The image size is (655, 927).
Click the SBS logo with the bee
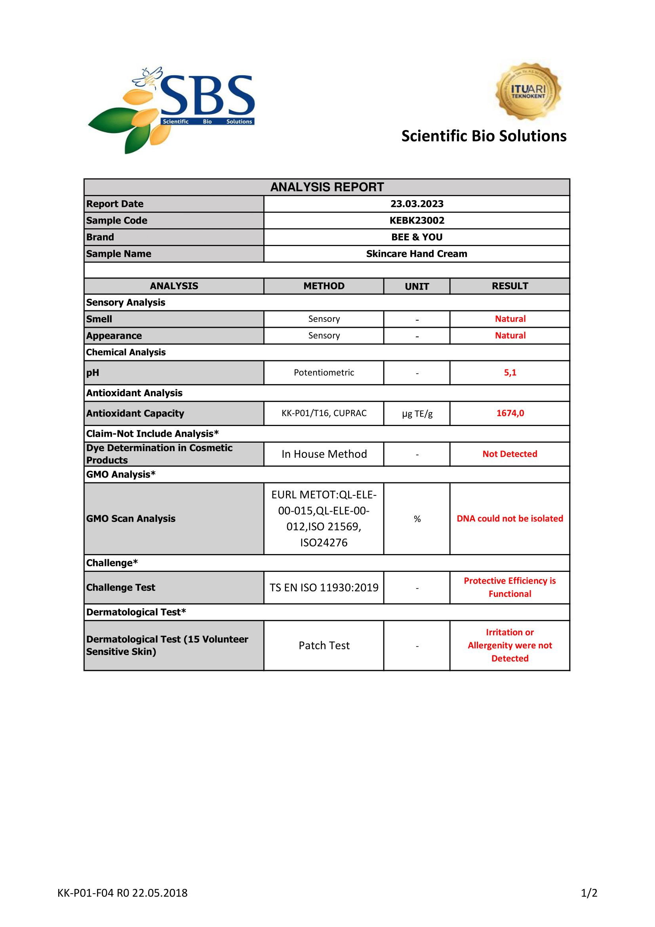click(171, 109)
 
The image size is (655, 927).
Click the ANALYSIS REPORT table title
click(327, 187)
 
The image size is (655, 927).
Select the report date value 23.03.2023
click(417, 204)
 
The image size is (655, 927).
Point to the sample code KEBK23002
click(417, 220)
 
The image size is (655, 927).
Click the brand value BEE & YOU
click(417, 237)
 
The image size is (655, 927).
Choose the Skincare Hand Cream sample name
click(417, 254)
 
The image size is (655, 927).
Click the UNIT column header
click(417, 286)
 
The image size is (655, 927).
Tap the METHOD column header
click(324, 286)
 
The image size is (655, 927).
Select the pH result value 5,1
click(510, 372)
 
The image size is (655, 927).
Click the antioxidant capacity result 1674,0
click(510, 413)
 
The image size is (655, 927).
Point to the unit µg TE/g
click(417, 413)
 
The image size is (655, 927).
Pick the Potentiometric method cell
click(324, 372)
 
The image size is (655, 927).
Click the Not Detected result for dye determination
click(510, 454)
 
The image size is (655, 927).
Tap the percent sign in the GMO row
click(417, 519)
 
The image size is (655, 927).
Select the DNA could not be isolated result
click(510, 518)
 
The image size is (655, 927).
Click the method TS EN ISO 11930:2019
click(324, 587)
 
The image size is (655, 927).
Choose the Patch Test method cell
click(324, 646)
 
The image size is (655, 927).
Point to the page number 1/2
click(589, 893)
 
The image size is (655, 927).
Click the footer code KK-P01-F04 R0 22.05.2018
click(122, 893)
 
